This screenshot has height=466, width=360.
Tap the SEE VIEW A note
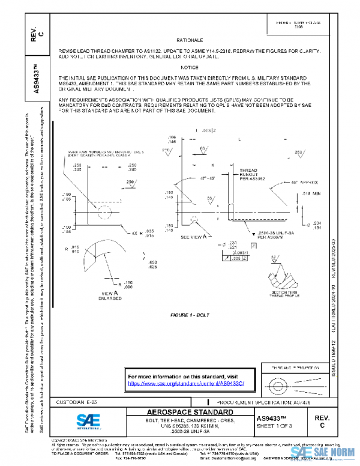194,237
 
